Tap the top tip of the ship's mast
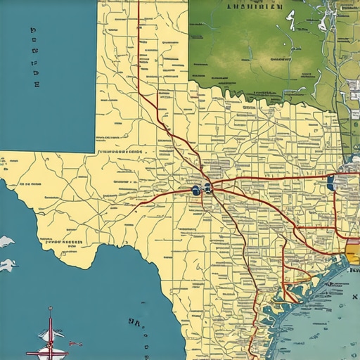click(x=51, y=308)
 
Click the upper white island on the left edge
click(x=6, y=242)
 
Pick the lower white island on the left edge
click(x=7, y=265)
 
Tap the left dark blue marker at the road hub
click(x=195, y=191)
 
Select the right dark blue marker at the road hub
click(x=208, y=188)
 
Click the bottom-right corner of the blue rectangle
click(x=94, y=151)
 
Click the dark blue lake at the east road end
click(x=330, y=184)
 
